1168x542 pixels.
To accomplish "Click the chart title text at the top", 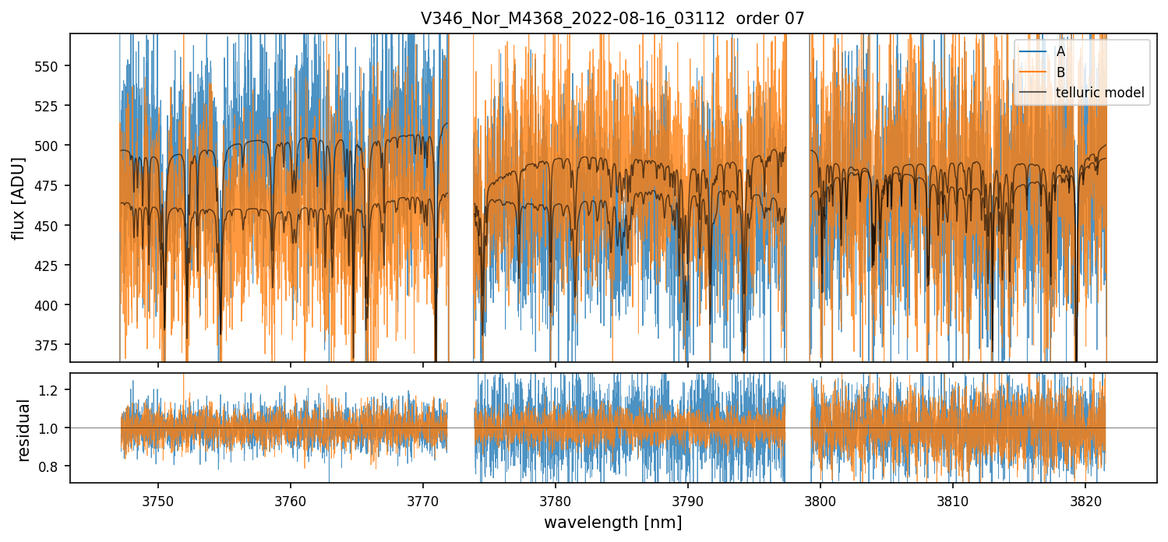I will pyautogui.click(x=612, y=18).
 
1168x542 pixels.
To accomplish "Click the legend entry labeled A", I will pyautogui.click(x=1060, y=52).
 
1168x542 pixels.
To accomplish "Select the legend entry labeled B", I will pyautogui.click(x=1060, y=72).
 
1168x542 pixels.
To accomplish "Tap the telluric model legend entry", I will pyautogui.click(x=1099, y=93).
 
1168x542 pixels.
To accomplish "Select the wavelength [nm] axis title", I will pyautogui.click(x=612, y=523).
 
